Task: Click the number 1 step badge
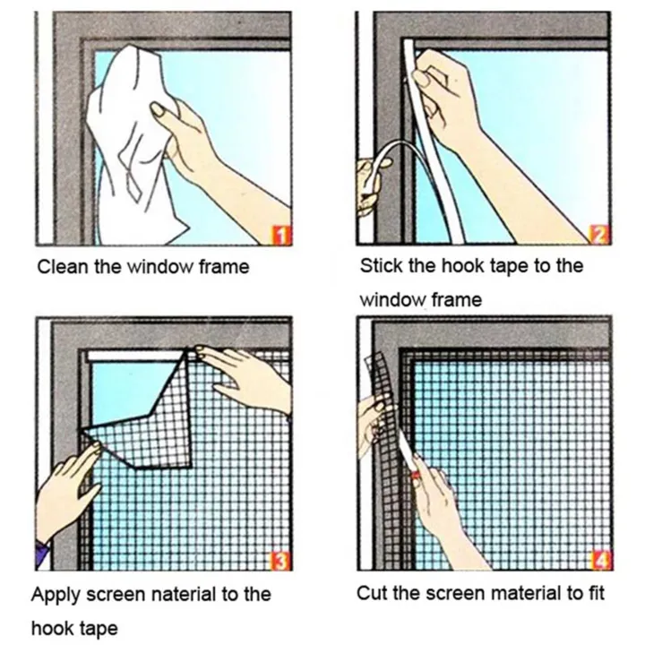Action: pyautogui.click(x=280, y=236)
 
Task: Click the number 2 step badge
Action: pyautogui.click(x=599, y=236)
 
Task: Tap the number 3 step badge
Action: pyautogui.click(x=280, y=561)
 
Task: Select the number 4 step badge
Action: pyautogui.click(x=599, y=561)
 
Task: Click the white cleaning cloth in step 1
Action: pyautogui.click(x=134, y=143)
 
